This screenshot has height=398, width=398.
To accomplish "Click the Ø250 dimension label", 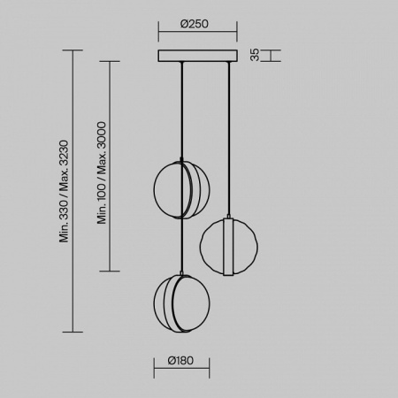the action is pyautogui.click(x=195, y=24).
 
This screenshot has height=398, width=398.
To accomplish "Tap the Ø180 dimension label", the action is pyautogui.click(x=180, y=360).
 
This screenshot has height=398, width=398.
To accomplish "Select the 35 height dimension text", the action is pyautogui.click(x=255, y=55).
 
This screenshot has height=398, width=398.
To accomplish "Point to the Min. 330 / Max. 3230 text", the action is pyautogui.click(x=64, y=191).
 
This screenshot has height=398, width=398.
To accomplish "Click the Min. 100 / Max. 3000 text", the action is pyautogui.click(x=102, y=172).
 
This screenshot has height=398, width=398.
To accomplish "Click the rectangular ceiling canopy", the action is pyautogui.click(x=197, y=56).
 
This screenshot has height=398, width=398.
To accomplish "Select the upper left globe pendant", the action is pyautogui.click(x=181, y=189).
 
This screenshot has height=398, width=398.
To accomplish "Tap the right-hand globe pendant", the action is pyautogui.click(x=228, y=247).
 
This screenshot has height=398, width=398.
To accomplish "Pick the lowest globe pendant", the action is pyautogui.click(x=181, y=303).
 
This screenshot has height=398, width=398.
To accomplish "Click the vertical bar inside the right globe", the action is pyautogui.click(x=228, y=247).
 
